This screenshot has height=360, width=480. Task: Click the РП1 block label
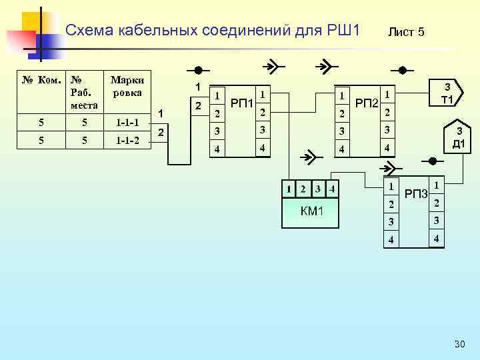[240, 103]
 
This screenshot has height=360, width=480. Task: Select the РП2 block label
[366, 103]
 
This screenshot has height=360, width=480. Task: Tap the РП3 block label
[417, 193]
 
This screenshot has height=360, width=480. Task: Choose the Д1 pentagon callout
[457, 139]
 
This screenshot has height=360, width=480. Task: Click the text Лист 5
[406, 32]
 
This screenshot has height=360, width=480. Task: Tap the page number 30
[459, 344]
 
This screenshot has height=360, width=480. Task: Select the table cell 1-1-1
[128, 123]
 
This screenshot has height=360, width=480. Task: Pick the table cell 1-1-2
[128, 140]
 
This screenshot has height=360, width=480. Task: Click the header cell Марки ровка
[128, 87]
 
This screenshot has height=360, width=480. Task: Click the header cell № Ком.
[41, 81]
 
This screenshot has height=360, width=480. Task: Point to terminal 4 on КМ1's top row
[332, 189]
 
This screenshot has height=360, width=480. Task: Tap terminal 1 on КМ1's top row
[289, 189]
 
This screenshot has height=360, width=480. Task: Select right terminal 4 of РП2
[387, 146]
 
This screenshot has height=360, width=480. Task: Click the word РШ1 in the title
[343, 30]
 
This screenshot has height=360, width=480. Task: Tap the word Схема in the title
[91, 30]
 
